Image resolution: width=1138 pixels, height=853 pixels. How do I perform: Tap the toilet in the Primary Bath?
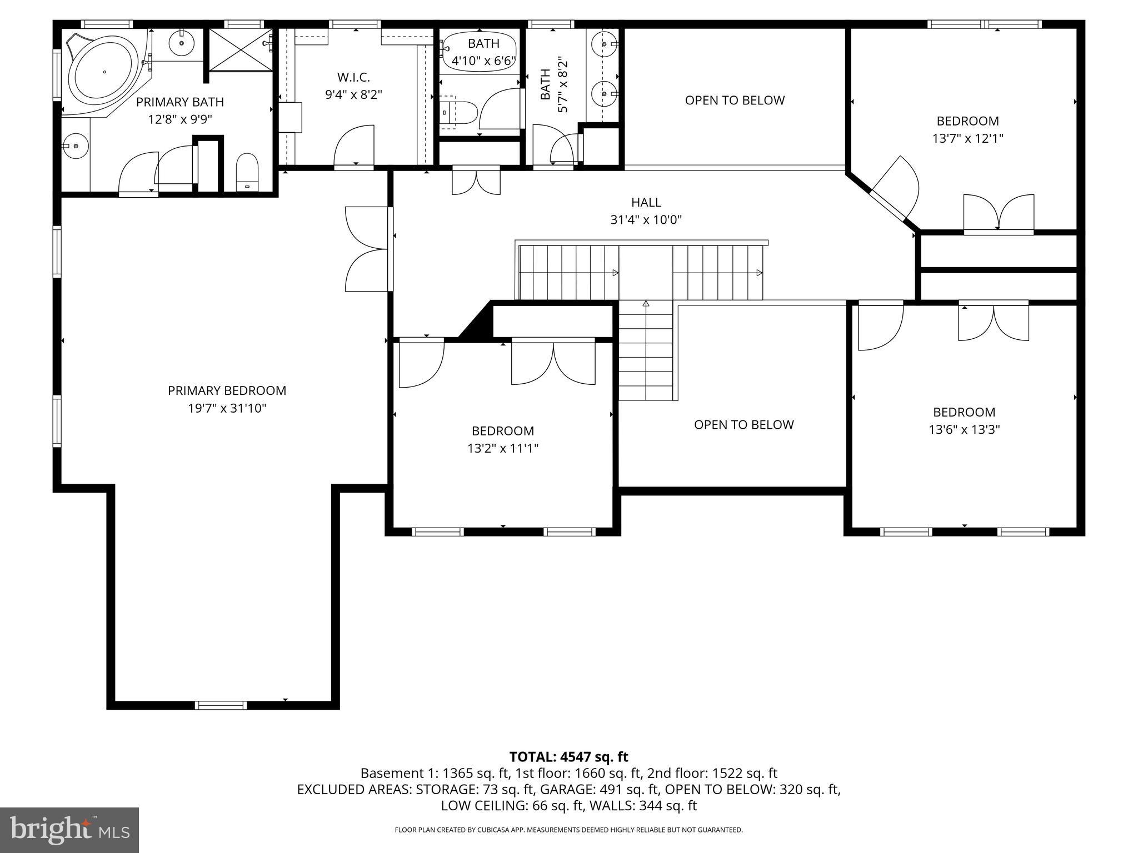tap(247, 172)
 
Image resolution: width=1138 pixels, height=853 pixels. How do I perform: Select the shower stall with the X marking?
tap(240, 50)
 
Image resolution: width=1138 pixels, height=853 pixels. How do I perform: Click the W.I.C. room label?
tap(353, 78)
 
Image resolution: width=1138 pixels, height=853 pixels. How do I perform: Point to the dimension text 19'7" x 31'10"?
tap(227, 408)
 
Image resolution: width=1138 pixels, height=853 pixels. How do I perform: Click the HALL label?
tap(646, 202)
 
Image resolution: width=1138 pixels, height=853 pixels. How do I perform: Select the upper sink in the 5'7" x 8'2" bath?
tap(602, 43)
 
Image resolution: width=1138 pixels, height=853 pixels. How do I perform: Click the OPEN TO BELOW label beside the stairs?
tap(743, 424)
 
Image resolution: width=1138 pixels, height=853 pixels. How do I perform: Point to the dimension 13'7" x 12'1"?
tap(967, 138)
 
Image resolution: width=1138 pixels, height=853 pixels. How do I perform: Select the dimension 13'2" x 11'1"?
tap(503, 448)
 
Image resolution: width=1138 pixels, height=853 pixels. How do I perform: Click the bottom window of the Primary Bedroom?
tap(221, 705)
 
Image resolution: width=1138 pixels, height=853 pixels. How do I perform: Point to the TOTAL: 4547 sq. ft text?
tap(568, 757)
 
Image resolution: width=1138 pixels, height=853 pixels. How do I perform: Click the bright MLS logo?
tap(69, 830)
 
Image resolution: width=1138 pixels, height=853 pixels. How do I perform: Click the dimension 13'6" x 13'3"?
tap(964, 429)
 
